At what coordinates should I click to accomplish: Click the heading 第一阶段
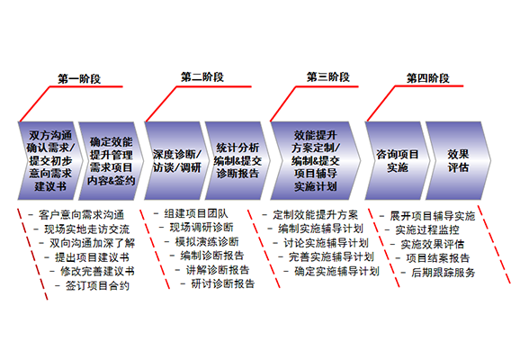coord(79,78)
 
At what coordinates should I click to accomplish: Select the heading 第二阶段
coord(202,77)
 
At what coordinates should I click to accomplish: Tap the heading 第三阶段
coord(328,77)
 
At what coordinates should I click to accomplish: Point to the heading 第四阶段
coord(428,78)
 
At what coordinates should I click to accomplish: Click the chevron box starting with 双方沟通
coord(50,161)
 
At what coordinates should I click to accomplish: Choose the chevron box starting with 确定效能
coord(111,161)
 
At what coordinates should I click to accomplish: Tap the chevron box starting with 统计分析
coord(238,161)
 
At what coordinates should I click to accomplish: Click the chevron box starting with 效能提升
coord(316,161)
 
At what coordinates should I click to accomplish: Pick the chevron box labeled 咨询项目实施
coord(398,161)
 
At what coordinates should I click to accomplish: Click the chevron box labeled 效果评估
coord(458,161)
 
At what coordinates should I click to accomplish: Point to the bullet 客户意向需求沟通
coord(81,215)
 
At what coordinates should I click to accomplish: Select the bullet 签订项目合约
coord(97,285)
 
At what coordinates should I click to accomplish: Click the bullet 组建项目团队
coord(196,213)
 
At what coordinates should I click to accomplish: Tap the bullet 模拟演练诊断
coord(207,242)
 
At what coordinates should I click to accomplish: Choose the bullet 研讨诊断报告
coord(223,283)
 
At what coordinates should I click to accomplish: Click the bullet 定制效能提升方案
coord(316,215)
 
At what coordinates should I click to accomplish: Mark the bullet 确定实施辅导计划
coord(337,272)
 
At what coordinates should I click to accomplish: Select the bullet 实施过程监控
coord(427,229)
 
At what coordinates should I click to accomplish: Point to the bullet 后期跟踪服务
coord(444,273)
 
